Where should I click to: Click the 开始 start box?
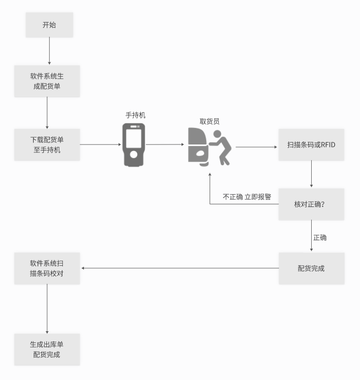click(x=49, y=25)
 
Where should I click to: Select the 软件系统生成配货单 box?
click(x=47, y=81)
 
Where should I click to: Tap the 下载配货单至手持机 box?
click(x=47, y=144)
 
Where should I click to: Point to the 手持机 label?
click(x=135, y=115)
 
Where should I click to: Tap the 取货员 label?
click(x=210, y=121)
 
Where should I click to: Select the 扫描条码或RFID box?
click(x=311, y=144)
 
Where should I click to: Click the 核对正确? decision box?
click(x=311, y=204)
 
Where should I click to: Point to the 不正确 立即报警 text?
click(x=247, y=197)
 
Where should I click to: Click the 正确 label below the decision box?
click(x=320, y=237)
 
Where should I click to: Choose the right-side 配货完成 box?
click(x=311, y=268)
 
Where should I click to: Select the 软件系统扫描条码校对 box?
click(x=47, y=268)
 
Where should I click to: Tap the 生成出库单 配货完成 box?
click(x=47, y=349)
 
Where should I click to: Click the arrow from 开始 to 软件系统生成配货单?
click(x=49, y=51)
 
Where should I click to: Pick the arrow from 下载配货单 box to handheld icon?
click(x=101, y=144)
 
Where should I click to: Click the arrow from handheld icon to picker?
click(x=165, y=144)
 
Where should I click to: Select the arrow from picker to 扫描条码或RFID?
click(x=257, y=147)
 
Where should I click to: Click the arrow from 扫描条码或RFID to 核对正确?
click(x=312, y=174)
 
